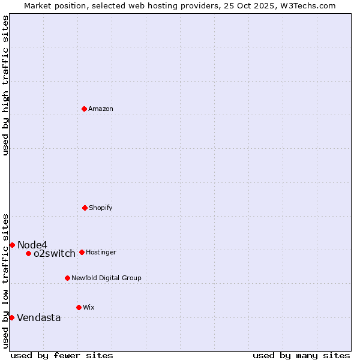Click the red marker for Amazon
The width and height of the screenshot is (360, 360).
click(84, 109)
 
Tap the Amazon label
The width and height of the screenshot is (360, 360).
click(101, 109)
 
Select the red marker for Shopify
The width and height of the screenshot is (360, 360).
click(85, 208)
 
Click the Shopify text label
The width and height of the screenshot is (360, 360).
click(101, 208)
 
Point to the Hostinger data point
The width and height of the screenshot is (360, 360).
click(82, 252)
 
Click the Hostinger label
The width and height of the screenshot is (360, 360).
click(101, 253)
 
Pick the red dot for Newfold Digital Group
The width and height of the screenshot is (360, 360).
click(67, 278)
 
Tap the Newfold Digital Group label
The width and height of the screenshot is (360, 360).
click(106, 278)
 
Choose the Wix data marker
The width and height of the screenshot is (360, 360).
click(79, 307)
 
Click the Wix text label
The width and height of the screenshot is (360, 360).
click(89, 308)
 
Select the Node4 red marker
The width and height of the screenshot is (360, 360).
click(12, 245)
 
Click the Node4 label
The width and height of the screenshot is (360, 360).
click(32, 245)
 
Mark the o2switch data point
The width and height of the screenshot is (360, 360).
click(28, 253)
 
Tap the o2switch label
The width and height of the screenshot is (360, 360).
click(55, 254)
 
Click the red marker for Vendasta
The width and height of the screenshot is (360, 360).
click(11, 317)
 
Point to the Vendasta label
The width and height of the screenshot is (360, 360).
click(39, 318)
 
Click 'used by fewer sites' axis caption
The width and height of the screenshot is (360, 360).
click(62, 355)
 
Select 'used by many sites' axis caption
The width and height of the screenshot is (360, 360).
click(301, 355)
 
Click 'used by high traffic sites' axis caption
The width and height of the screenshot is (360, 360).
click(5, 85)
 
